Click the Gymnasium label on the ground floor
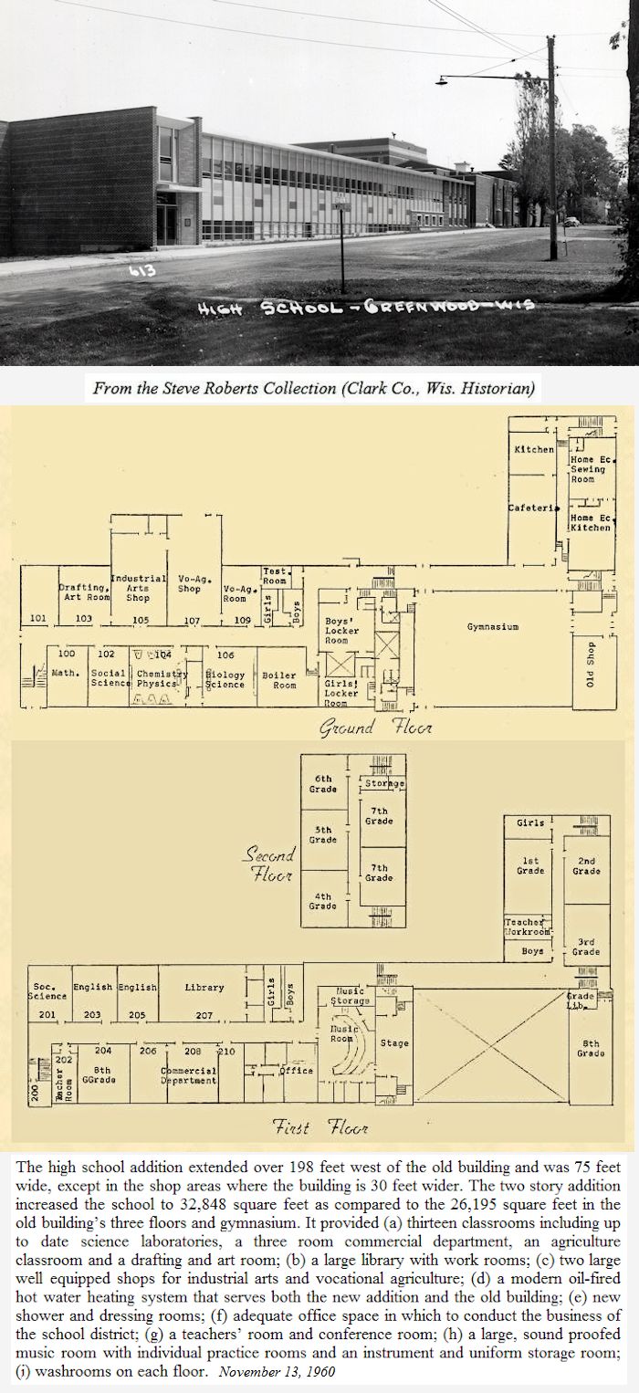point(493,628)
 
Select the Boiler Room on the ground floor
point(278,680)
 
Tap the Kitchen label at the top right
point(533,449)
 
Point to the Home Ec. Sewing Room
point(588,469)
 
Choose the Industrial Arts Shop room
point(138,588)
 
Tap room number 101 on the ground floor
point(37,619)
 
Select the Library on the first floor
point(204,987)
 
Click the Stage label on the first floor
point(394,1043)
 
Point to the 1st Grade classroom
point(530,865)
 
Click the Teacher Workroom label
point(528,927)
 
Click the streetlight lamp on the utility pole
point(444,80)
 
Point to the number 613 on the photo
point(142,270)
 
